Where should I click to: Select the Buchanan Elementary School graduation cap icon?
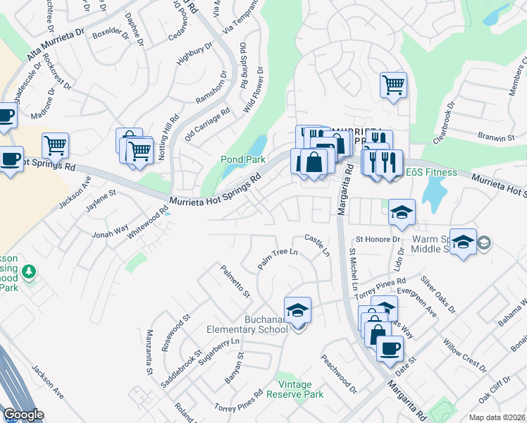click(x=297, y=310)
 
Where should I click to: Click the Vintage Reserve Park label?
click(x=300, y=390)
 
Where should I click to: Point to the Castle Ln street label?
click(x=317, y=245)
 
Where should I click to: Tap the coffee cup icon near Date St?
click(x=390, y=348)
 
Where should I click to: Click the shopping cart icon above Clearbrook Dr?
click(x=393, y=85)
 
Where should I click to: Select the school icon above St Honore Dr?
click(x=402, y=211)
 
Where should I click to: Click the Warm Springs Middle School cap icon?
click(x=463, y=242)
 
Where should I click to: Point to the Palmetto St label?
click(x=235, y=281)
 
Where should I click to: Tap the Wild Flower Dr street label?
click(x=254, y=90)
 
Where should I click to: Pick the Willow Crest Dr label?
click(x=464, y=355)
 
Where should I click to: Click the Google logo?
click(x=23, y=415)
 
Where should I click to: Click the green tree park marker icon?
click(x=28, y=271)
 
